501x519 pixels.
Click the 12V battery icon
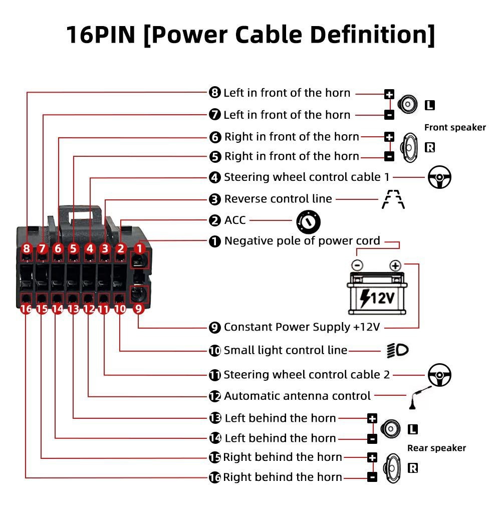377,293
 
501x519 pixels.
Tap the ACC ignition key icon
308,222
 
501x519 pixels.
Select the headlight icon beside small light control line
397,350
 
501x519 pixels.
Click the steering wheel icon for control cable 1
439,177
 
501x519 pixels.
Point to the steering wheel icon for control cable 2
439,375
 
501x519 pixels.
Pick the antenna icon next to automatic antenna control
420,398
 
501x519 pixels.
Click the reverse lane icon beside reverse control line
393,199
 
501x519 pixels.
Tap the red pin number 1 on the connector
140,248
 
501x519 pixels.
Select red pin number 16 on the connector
26,309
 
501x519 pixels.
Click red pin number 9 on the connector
139,309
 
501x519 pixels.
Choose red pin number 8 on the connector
27,248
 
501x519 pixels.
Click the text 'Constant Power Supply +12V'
302,327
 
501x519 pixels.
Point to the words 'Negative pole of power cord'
302,240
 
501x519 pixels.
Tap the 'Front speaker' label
455,127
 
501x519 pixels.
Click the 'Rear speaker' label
436,448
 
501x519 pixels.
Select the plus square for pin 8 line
389,94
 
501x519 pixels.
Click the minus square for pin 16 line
372,477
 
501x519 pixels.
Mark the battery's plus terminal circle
395,266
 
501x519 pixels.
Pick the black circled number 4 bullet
215,177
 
